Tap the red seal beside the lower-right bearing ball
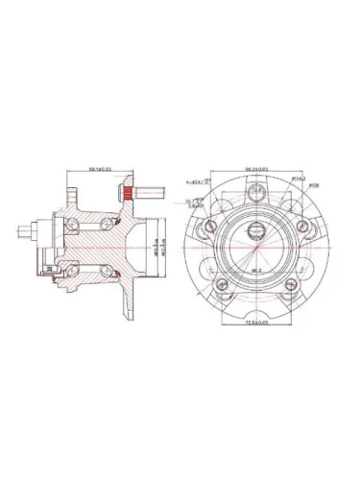116,276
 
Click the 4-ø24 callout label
198,180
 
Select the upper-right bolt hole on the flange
302,227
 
